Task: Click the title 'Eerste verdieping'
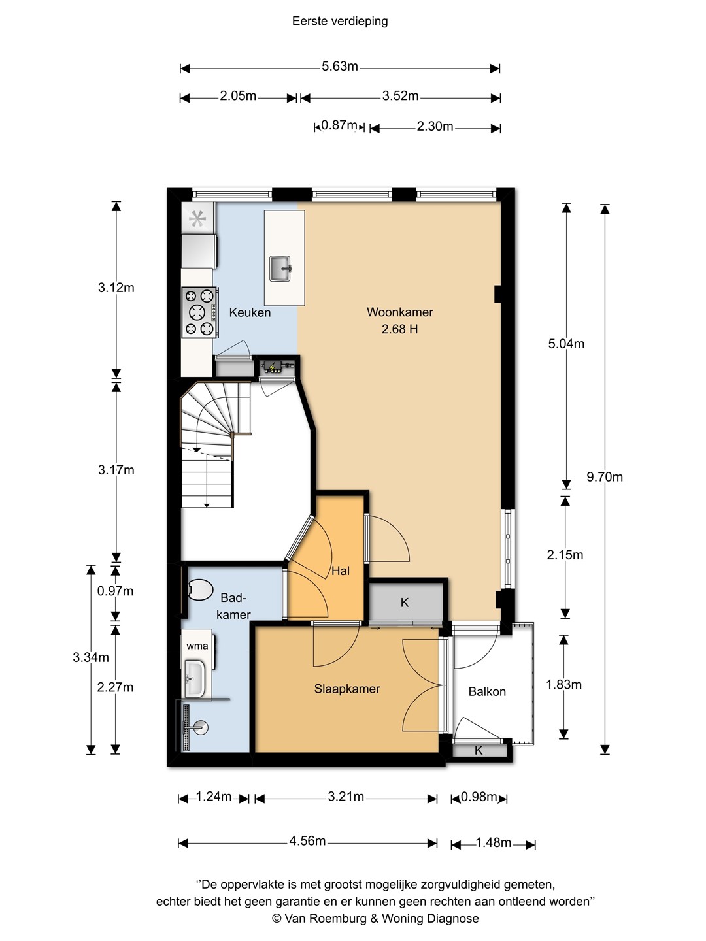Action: pyautogui.click(x=340, y=22)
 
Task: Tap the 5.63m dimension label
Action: pyautogui.click(x=340, y=67)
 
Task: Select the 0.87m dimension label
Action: pyautogui.click(x=339, y=125)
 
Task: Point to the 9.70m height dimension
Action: pyautogui.click(x=605, y=477)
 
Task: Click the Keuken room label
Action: pyautogui.click(x=250, y=312)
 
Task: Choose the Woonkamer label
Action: pyautogui.click(x=400, y=312)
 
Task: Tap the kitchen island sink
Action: pyautogui.click(x=280, y=269)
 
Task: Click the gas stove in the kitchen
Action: pyautogui.click(x=200, y=312)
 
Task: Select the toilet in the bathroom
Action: pyautogui.click(x=200, y=590)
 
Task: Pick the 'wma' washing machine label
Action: pyautogui.click(x=197, y=646)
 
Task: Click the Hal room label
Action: pyautogui.click(x=341, y=571)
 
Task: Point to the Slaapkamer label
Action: pyautogui.click(x=347, y=689)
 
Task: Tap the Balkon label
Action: pyautogui.click(x=487, y=691)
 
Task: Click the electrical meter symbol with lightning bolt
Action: pyautogui.click(x=273, y=367)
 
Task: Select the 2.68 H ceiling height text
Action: pyautogui.click(x=399, y=329)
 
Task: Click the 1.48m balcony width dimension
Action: pyautogui.click(x=494, y=843)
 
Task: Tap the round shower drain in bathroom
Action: pyautogui.click(x=200, y=727)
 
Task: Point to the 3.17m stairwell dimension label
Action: pyautogui.click(x=116, y=470)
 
